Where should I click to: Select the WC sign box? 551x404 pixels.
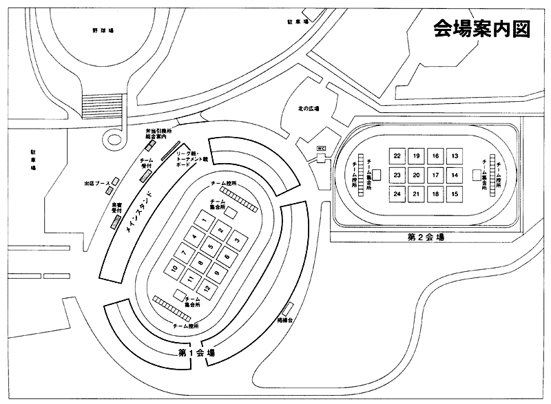(320, 148)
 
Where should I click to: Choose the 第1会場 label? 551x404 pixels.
(196, 353)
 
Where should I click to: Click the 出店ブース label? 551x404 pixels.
(95, 184)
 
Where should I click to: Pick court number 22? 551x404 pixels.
(397, 156)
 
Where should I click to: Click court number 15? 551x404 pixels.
(455, 195)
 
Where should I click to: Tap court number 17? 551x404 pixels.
(435, 176)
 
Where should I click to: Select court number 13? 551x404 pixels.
(455, 156)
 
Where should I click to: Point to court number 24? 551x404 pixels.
(397, 195)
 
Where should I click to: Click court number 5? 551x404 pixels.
(209, 247)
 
